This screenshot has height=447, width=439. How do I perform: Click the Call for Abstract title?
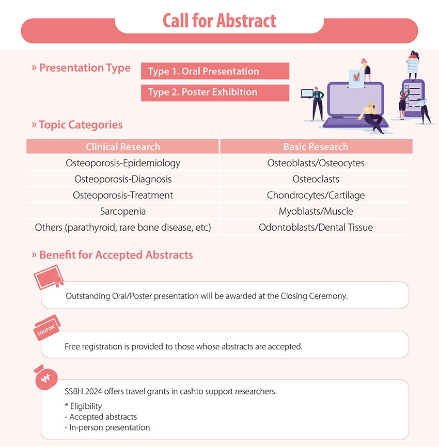[x=219, y=21]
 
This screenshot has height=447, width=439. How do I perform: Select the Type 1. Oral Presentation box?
[x=215, y=71]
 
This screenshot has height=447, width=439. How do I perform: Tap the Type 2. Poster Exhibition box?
[x=215, y=92]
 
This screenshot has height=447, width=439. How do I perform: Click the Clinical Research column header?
[x=122, y=147]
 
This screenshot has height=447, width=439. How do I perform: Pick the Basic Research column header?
[x=316, y=147]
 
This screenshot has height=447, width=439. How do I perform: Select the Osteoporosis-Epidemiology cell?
[x=122, y=163]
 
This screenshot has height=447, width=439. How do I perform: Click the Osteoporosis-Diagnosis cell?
[x=122, y=179]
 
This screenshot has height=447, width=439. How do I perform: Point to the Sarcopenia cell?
[x=122, y=211]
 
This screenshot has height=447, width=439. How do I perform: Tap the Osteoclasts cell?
[x=316, y=179]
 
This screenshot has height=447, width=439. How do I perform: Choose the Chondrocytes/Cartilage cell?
[x=316, y=195]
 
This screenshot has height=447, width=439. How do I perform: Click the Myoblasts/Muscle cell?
[x=316, y=211]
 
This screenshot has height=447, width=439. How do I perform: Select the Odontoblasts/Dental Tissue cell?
[x=316, y=228]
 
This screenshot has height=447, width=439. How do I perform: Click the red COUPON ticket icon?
[x=47, y=328]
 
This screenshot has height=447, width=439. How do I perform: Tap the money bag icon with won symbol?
[x=45, y=377]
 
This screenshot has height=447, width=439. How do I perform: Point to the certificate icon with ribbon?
[x=49, y=277]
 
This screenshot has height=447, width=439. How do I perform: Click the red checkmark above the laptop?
[x=356, y=77]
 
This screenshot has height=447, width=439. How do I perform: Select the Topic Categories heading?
[x=77, y=125]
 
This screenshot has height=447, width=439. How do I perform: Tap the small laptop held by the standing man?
[x=307, y=93]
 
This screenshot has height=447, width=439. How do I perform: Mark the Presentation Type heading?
[x=81, y=68]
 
